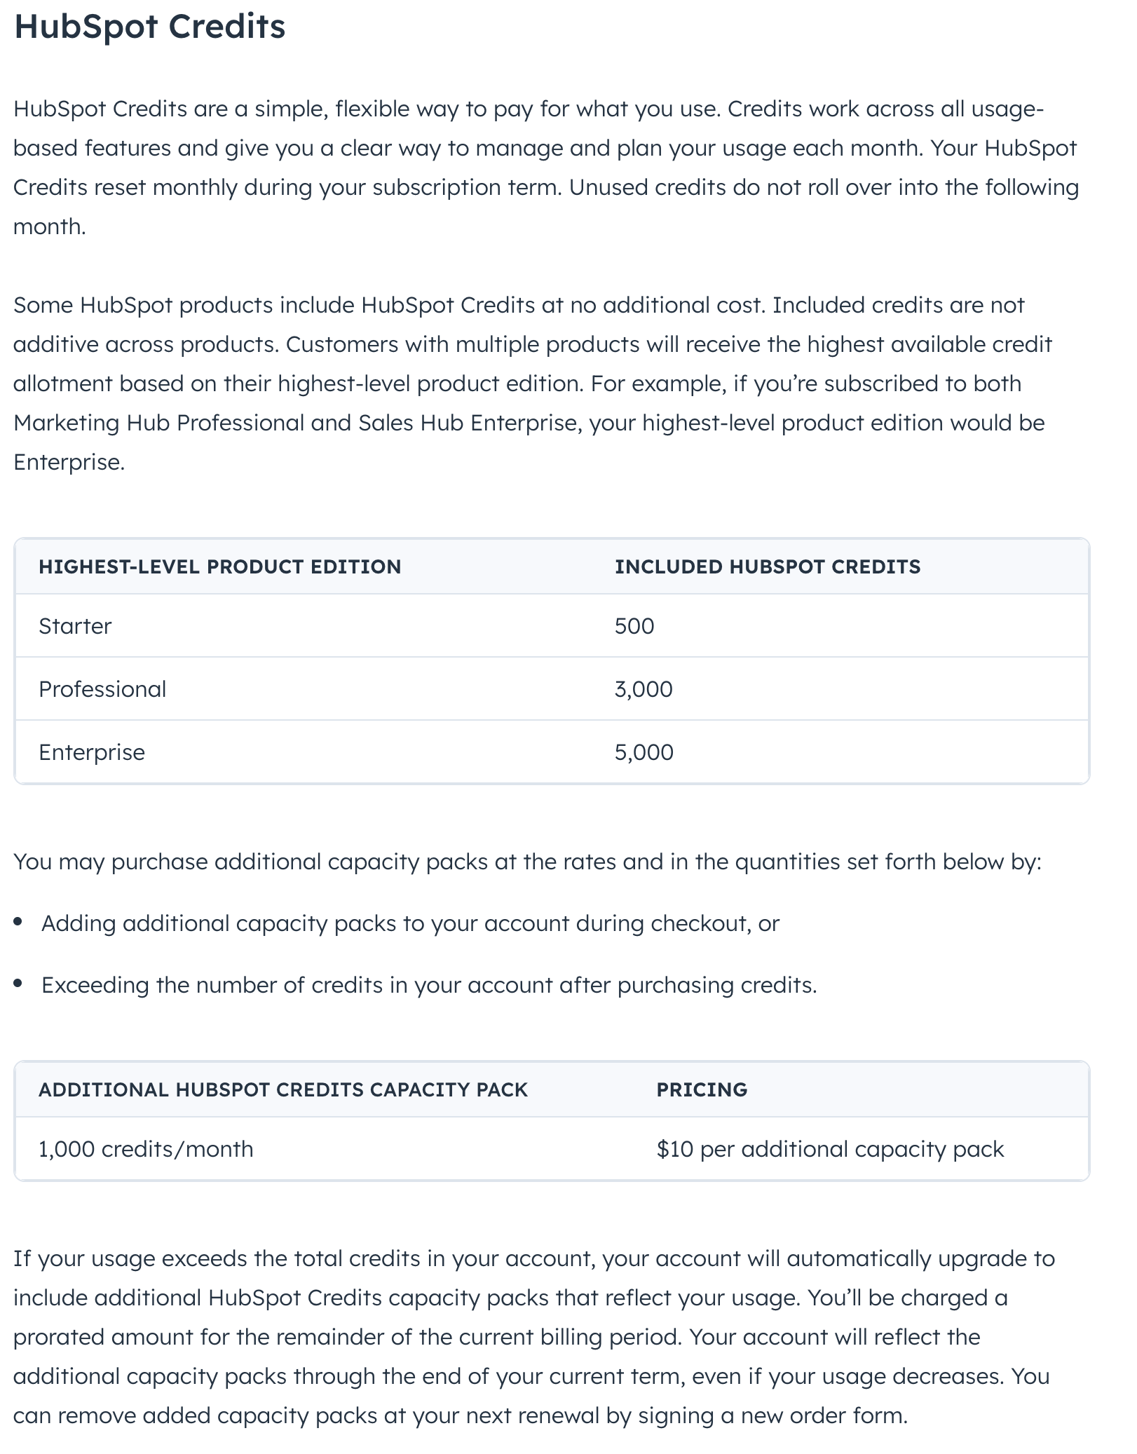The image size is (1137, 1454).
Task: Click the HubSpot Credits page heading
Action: point(149,27)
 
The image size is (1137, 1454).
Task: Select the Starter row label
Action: point(75,626)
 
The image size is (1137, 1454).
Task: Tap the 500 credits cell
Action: point(634,626)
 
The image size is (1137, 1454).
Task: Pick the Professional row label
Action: point(102,689)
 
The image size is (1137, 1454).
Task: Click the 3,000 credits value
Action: point(644,689)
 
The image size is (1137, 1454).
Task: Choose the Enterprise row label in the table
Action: point(92,752)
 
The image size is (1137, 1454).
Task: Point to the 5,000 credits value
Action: point(644,752)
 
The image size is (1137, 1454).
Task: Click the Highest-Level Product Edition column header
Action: point(219,566)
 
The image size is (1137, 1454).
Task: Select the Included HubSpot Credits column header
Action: point(768,566)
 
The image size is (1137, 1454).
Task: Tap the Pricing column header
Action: point(702,1089)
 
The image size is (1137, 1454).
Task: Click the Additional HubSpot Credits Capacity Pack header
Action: point(283,1089)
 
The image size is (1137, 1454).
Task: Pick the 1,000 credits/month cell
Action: point(146,1149)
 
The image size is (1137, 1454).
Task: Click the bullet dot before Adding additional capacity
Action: point(18,923)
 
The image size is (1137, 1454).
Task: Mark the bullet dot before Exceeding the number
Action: point(18,984)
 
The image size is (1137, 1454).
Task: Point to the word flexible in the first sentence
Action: point(372,109)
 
